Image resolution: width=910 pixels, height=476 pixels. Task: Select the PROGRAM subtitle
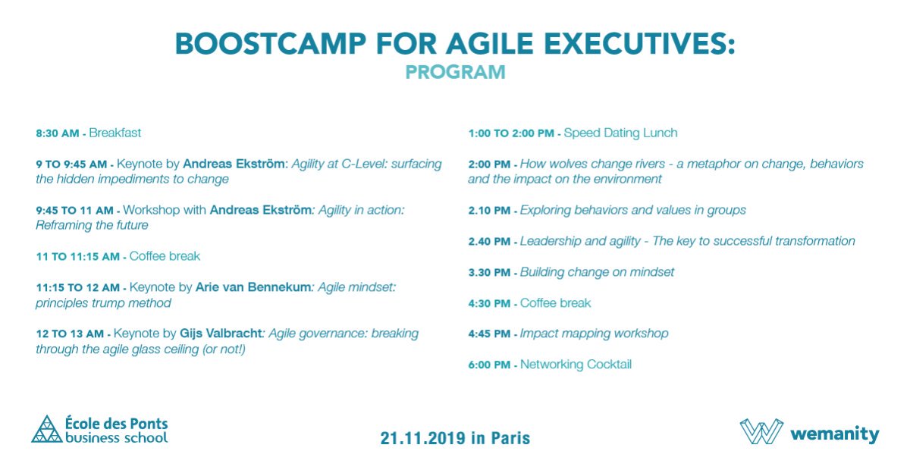[455, 73]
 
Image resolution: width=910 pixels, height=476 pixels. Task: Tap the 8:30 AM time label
[57, 133]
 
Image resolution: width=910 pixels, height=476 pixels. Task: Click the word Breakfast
[115, 133]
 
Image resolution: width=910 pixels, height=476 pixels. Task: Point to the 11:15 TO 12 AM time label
[77, 288]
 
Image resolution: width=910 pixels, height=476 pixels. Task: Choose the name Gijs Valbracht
[221, 334]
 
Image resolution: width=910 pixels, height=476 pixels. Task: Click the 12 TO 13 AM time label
[71, 334]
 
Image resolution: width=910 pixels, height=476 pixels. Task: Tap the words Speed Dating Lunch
[621, 133]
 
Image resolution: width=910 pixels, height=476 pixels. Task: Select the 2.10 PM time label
[490, 211]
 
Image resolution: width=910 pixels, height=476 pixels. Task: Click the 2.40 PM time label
[490, 242]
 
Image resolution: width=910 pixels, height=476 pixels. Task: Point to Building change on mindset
[597, 272]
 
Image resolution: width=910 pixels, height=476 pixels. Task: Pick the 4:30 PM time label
[490, 303]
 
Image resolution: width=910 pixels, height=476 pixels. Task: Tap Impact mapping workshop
[594, 334]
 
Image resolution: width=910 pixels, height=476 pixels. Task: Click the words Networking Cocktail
[576, 365]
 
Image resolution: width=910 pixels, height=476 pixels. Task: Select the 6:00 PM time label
[490, 365]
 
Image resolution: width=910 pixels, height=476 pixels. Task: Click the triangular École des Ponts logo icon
[47, 429]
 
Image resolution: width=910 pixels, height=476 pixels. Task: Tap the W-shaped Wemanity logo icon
[761, 431]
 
